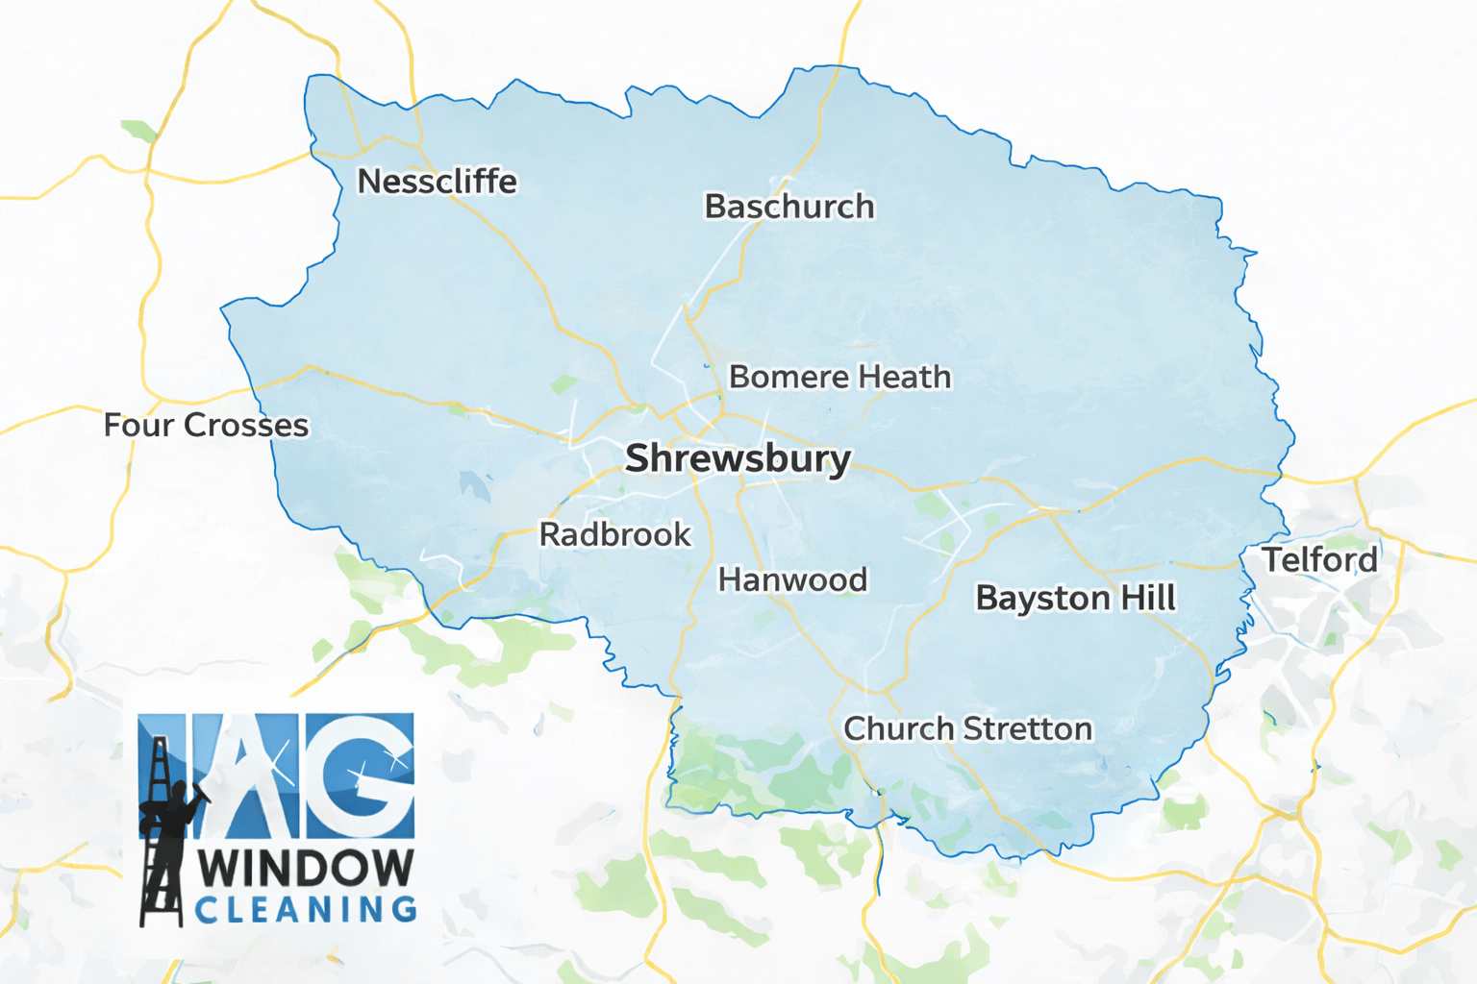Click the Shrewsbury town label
point(738,458)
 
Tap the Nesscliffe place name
point(437,181)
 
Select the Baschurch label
point(789,207)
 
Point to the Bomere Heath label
point(839,377)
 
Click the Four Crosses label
point(206,425)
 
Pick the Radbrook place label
point(614,534)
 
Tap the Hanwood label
point(792,579)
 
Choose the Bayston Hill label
point(1075,598)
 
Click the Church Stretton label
point(967,728)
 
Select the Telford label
point(1319,559)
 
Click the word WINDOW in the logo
point(306,869)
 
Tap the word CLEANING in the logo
point(306,909)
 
